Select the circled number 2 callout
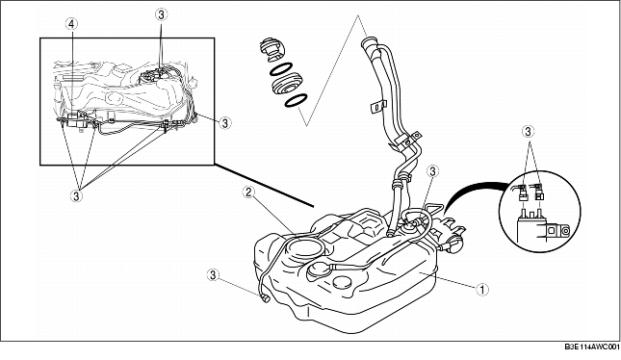[248, 193]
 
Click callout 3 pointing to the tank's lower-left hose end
[212, 273]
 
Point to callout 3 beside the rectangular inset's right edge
[225, 122]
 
